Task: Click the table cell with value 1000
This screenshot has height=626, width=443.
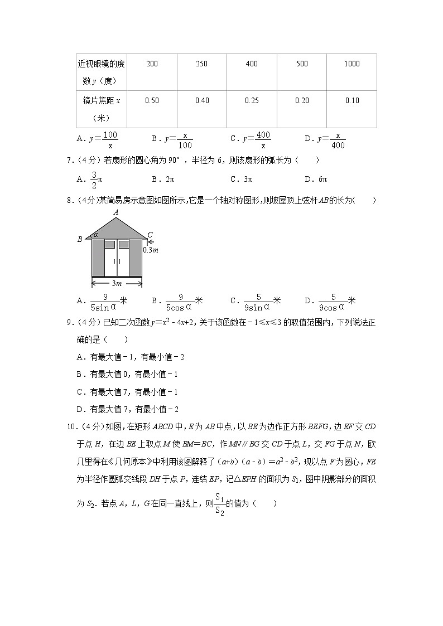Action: point(351,64)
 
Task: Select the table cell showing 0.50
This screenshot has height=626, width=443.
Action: point(152,101)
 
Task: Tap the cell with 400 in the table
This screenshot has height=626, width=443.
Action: point(252,64)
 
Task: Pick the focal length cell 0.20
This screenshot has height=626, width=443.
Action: point(302,101)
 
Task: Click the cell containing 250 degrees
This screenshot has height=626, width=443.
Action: point(202,64)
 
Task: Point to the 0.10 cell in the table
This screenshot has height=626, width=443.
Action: point(351,101)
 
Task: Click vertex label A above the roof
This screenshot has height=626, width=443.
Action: point(115,212)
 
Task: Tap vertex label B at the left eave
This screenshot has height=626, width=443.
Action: point(80,239)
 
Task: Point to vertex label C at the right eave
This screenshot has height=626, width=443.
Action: point(150,235)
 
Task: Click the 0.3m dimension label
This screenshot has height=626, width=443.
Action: point(151,250)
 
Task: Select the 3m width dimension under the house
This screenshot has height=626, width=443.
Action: point(117,283)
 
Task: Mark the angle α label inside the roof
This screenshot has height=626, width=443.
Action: point(95,235)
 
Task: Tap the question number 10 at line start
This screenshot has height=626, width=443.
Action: point(71,427)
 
